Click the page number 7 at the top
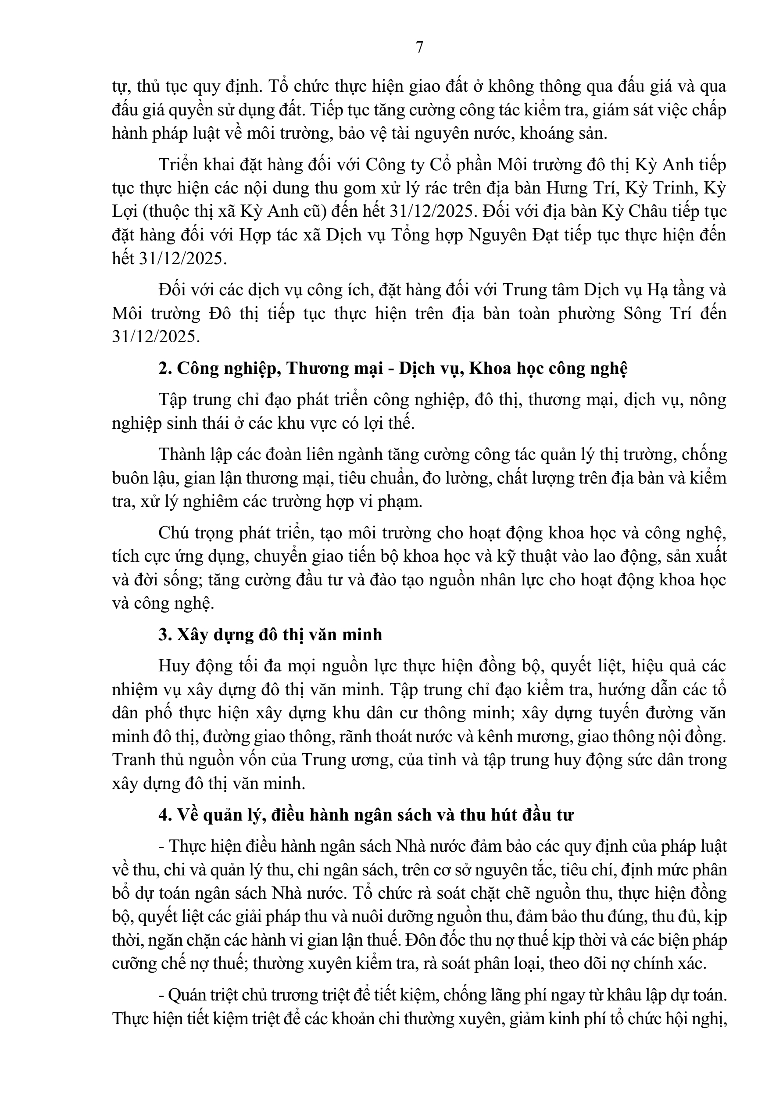coord(419,48)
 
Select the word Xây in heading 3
coord(193,634)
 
